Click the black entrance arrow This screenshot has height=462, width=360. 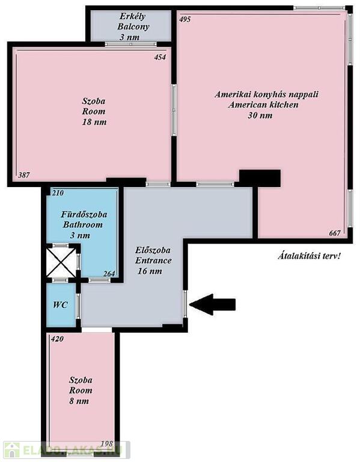(213, 304)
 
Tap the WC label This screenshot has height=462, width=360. (60, 304)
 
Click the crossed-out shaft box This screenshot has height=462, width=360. (61, 262)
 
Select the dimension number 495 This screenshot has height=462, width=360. (185, 19)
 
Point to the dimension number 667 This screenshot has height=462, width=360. (335, 233)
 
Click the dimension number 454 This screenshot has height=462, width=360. (160, 57)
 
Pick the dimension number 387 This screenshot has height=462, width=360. (24, 175)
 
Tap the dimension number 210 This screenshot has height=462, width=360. (58, 193)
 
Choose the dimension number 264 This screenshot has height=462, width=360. (109, 274)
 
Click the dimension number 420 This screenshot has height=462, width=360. (57, 339)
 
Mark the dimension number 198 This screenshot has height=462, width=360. (107, 444)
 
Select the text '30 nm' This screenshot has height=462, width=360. (260, 115)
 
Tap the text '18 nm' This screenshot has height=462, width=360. (94, 122)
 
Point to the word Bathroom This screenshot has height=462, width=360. (83, 225)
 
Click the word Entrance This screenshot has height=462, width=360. (153, 260)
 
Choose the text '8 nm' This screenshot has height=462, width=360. (79, 401)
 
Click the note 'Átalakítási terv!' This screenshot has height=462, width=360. (309, 256)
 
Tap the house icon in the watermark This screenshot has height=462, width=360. (11, 450)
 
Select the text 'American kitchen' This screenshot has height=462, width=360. (263, 105)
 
